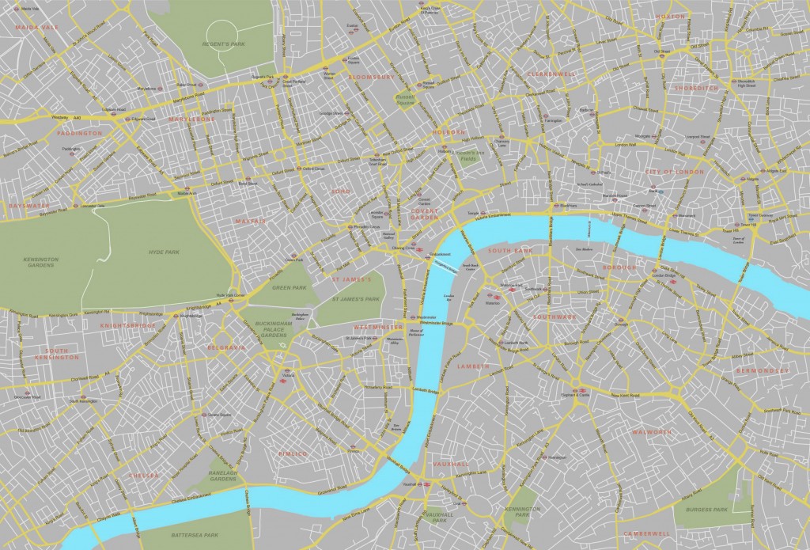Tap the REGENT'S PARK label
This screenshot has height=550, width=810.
coord(226,44)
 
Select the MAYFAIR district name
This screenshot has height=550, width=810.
coord(249,222)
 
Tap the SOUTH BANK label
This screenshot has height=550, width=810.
coord(506,251)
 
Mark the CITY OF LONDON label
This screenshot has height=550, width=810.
coord(674,172)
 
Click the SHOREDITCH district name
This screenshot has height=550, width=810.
coord(697,89)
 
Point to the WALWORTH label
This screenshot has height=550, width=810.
coord(652,432)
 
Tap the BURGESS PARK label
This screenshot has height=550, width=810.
coord(706,510)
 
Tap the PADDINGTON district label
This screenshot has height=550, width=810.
coord(80,133)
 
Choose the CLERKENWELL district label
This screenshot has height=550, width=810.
coord(551,73)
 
